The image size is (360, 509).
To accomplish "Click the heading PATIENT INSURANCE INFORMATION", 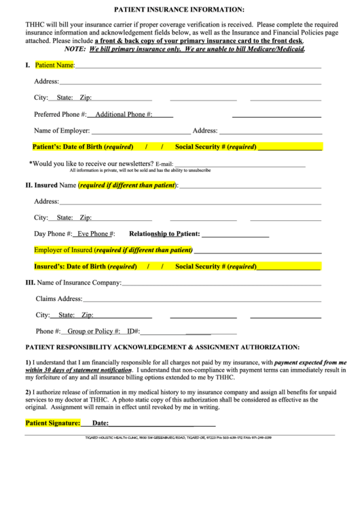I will click(x=179, y=10).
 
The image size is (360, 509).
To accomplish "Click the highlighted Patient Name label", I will click(x=54, y=65).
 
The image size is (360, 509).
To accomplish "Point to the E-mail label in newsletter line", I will click(x=164, y=164).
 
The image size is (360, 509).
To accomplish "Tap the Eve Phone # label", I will click(x=96, y=234).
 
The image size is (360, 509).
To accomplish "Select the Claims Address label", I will click(x=58, y=298).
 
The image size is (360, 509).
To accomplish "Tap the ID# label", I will click(x=133, y=331).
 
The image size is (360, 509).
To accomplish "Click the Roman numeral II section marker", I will click(x=29, y=185).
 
